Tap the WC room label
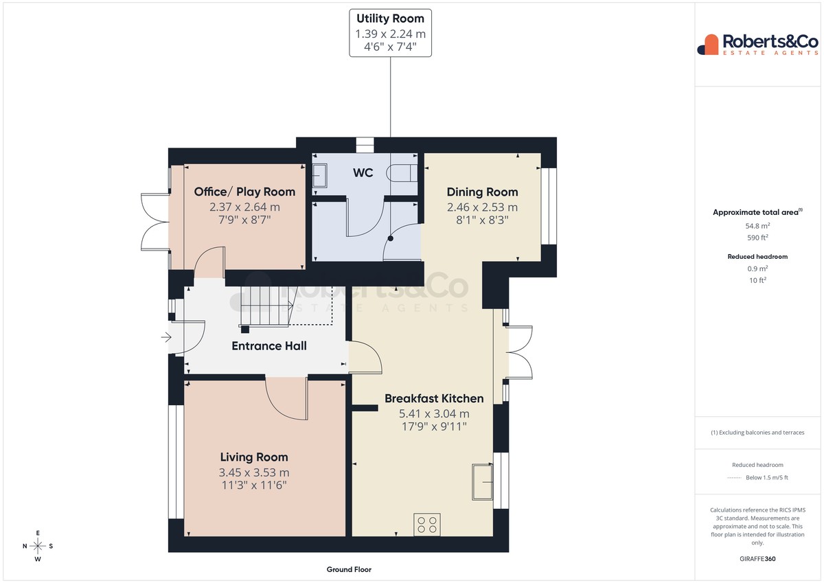tap(363, 172)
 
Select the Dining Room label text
tap(482, 192)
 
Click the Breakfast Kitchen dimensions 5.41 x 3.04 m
tap(434, 414)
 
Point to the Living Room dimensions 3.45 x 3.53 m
tap(254, 472)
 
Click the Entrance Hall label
tap(269, 346)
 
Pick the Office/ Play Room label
tap(244, 192)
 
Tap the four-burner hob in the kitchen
tap(427, 524)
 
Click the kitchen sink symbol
tap(482, 482)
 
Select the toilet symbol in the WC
tap(402, 173)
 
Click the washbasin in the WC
tap(320, 176)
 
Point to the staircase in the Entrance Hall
tap(266, 306)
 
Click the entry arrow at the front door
tap(166, 337)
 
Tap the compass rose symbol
tap(38, 546)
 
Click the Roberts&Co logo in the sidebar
tap(757, 45)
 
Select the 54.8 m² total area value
tap(757, 226)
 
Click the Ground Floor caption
tap(349, 569)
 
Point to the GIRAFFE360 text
tap(757, 559)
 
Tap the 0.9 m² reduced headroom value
tap(757, 268)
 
